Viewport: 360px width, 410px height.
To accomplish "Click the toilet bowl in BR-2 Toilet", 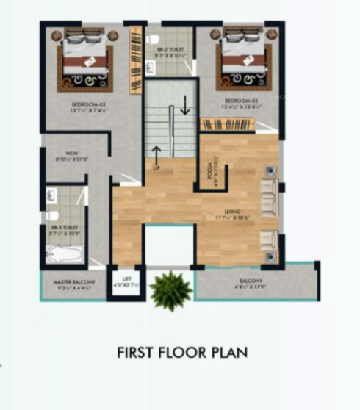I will coord(154,37).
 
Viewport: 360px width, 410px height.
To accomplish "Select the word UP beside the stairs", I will coord(156,169).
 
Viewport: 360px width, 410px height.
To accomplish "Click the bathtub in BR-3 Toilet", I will coord(65,254).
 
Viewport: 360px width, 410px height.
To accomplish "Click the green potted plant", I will coord(170,288).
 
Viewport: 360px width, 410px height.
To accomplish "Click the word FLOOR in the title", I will coord(182,353).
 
